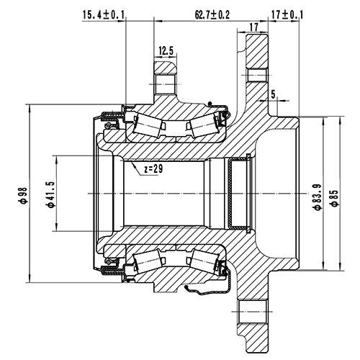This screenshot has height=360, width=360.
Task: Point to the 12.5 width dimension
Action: (x=166, y=50)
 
